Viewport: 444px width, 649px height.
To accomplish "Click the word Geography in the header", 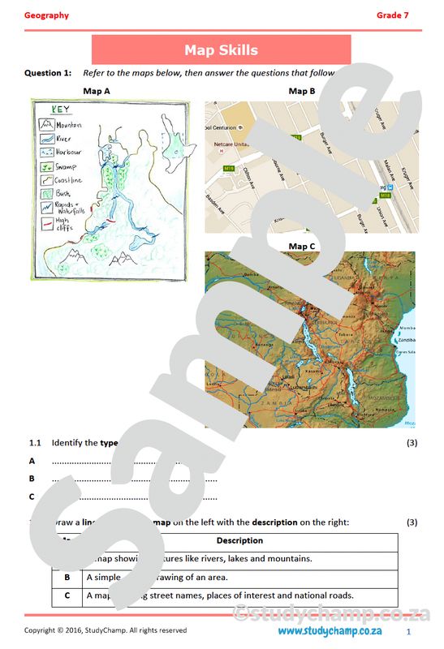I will [x=46, y=15].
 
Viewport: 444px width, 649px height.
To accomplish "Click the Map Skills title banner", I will [x=221, y=50].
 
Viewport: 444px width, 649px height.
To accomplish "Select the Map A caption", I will [x=97, y=91].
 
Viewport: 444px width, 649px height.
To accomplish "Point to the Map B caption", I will [x=302, y=91].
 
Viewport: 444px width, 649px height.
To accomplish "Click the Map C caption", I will [x=302, y=246].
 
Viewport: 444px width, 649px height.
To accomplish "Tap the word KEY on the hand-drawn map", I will [x=60, y=110].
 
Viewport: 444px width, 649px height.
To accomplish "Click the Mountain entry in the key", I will [x=67, y=125].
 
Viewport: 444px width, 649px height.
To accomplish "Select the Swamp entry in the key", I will [x=66, y=165].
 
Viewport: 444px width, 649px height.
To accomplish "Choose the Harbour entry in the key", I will [x=70, y=152].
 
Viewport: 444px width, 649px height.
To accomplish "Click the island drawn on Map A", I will [x=174, y=147].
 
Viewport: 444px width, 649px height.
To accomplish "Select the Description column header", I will [x=239, y=540].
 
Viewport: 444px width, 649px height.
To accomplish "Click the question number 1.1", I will [x=35, y=443].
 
